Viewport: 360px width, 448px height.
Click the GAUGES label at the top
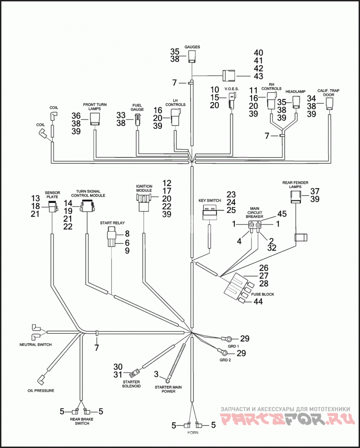point(192,47)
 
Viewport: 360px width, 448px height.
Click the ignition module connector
point(144,202)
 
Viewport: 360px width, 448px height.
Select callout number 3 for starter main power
point(156,374)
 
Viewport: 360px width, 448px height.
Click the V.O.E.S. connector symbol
point(232,100)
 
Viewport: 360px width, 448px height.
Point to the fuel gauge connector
point(137,119)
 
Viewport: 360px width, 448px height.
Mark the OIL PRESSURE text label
point(40,390)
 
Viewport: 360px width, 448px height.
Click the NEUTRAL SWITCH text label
point(36,345)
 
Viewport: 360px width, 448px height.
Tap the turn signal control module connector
point(87,206)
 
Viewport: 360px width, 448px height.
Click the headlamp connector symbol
point(296,102)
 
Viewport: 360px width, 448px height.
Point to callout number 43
point(258,76)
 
